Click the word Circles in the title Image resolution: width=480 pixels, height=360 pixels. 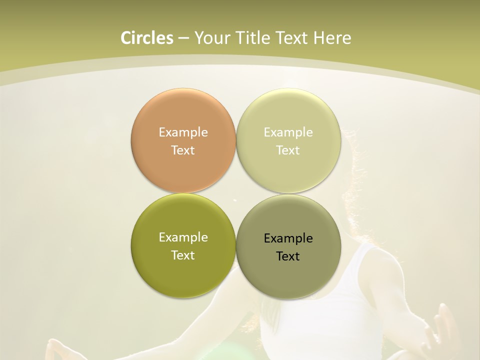pyautogui.click(x=146, y=38)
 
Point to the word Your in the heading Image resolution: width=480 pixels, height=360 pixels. pyautogui.click(x=210, y=38)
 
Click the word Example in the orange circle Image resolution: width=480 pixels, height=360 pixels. pyautogui.click(x=183, y=132)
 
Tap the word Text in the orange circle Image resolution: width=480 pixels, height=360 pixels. pyautogui.click(x=183, y=150)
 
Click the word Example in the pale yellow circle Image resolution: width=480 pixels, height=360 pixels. pyautogui.click(x=288, y=132)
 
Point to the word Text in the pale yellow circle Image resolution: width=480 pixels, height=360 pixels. pyautogui.click(x=288, y=150)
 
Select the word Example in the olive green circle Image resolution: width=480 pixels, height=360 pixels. pyautogui.click(x=183, y=237)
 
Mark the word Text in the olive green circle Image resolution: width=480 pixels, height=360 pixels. pyautogui.click(x=183, y=255)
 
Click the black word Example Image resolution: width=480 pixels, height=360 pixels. pyautogui.click(x=288, y=238)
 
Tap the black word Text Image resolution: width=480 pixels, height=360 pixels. pyautogui.click(x=288, y=256)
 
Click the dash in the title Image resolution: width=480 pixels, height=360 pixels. pyautogui.click(x=183, y=38)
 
